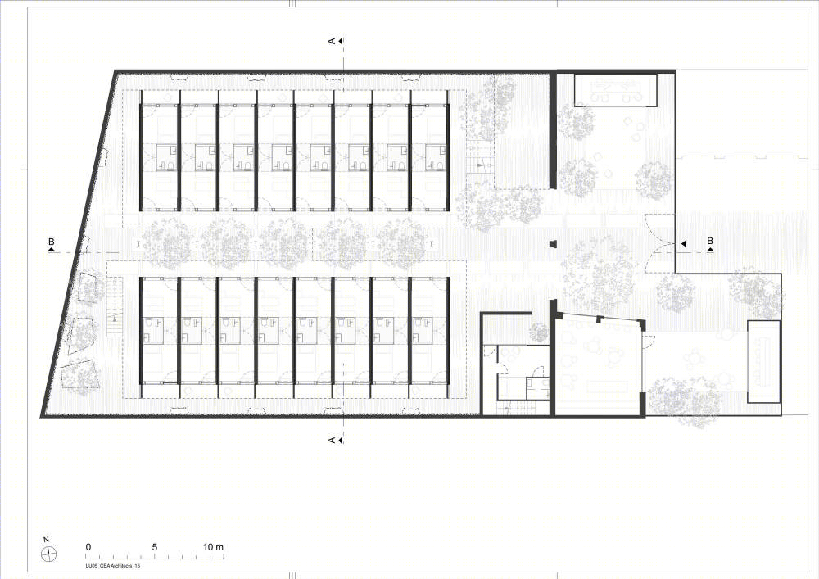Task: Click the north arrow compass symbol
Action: click(49, 554)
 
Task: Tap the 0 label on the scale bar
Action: click(88, 547)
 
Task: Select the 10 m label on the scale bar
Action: click(213, 547)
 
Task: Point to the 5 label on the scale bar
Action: click(155, 547)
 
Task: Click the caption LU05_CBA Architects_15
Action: click(113, 565)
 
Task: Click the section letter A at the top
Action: click(331, 41)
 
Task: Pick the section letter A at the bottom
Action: click(331, 440)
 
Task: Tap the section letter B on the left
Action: click(51, 242)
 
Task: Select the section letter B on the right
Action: click(710, 241)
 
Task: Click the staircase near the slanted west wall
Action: click(115, 307)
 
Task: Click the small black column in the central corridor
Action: click(553, 244)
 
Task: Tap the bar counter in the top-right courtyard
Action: click(616, 90)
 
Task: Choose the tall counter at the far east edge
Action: click(764, 361)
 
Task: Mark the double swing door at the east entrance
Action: click(660, 244)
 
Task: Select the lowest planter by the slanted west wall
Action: click(79, 373)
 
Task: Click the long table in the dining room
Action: click(607, 387)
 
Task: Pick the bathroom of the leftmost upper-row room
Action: click(167, 158)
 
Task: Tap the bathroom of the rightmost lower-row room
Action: click(423, 330)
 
